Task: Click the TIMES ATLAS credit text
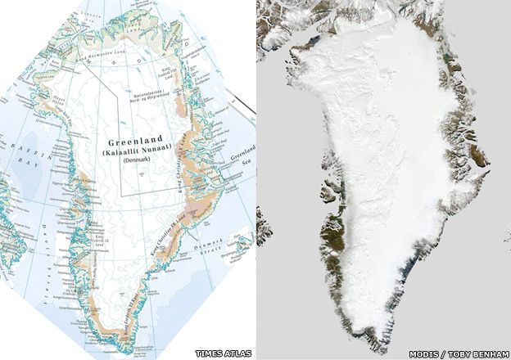(223, 353)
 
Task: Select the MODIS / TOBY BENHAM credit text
(465, 353)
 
